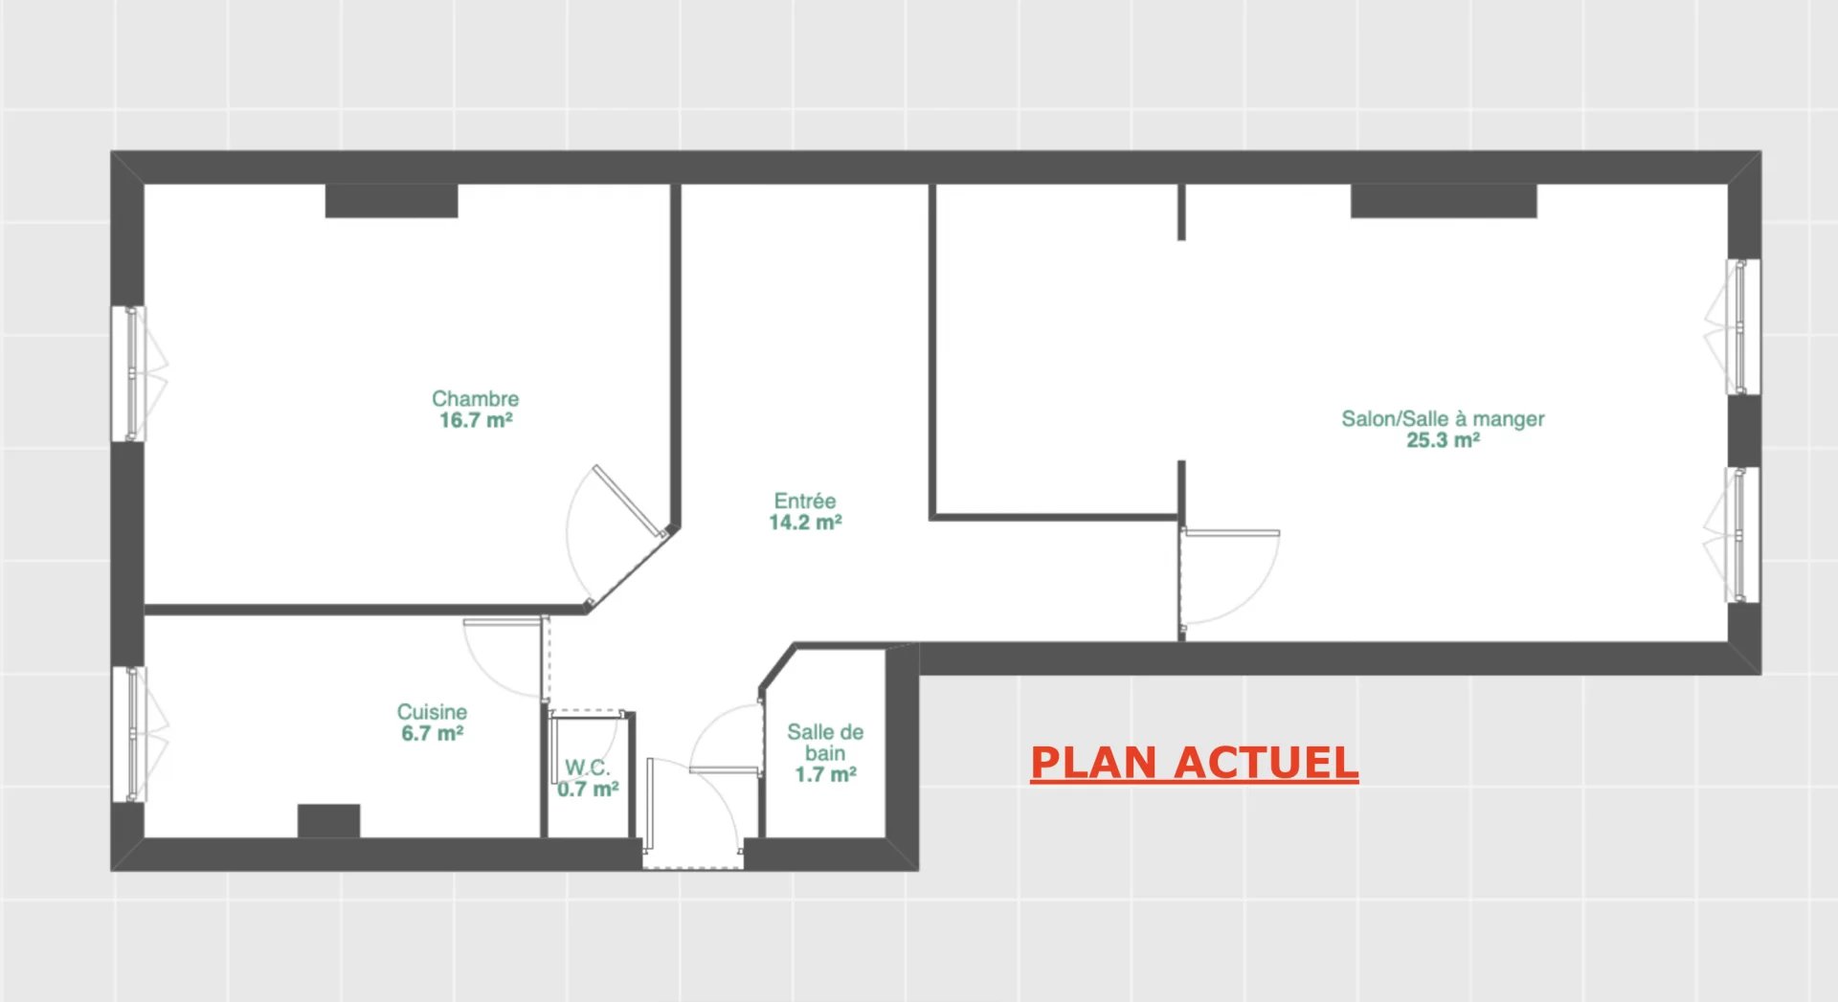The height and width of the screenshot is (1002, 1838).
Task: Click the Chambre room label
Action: tap(475, 398)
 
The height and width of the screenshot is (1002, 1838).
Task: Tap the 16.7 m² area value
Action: tap(476, 420)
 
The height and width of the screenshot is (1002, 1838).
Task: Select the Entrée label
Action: tap(805, 501)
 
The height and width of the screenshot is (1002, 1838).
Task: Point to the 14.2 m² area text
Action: tap(805, 523)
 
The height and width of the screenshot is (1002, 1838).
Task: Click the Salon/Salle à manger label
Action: tap(1443, 419)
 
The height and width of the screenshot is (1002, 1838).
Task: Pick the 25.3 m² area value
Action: tap(1443, 440)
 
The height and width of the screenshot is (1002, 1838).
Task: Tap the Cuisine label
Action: tap(432, 712)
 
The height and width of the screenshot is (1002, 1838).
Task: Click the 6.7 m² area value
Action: tap(432, 733)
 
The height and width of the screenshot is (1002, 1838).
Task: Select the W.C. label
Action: tap(587, 768)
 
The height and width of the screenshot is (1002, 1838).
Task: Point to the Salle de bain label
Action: tap(825, 743)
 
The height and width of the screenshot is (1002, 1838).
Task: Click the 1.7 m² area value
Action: tap(825, 774)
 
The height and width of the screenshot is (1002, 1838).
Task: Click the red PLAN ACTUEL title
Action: tap(1194, 763)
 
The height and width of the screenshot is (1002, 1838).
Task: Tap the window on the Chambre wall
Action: tap(129, 373)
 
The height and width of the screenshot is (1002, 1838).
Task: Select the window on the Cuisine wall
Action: tap(129, 734)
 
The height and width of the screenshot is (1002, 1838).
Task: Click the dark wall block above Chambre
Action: tap(392, 201)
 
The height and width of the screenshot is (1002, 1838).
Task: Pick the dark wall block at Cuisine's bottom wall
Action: tap(328, 821)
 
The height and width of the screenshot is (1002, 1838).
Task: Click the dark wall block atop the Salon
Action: tap(1444, 201)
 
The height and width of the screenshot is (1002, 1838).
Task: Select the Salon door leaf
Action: tap(1231, 533)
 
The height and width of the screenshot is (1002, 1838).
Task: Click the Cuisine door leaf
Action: tap(503, 622)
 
